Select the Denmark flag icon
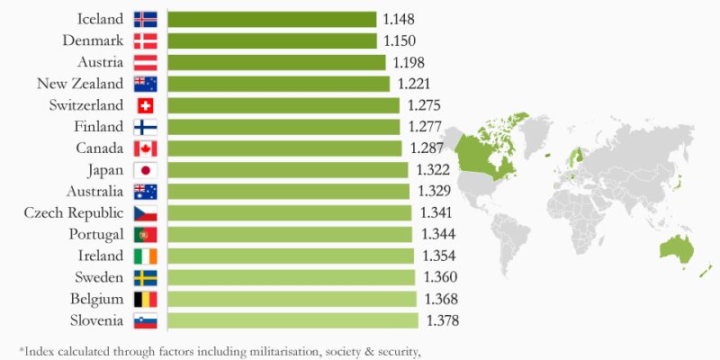point(145,40)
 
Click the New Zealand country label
point(79,84)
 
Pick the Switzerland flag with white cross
point(145,105)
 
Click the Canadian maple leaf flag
point(145,148)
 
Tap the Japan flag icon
point(145,170)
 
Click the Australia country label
point(94,192)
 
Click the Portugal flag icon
point(145,234)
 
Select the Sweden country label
point(98,277)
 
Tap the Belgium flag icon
point(145,299)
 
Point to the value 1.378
point(444,320)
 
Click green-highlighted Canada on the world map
point(486,153)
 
